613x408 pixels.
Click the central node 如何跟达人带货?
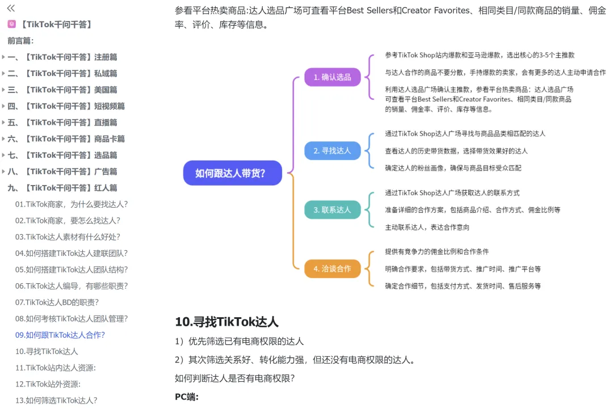coord(232,173)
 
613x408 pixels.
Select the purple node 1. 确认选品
coord(332,77)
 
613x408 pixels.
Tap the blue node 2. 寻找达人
coord(332,150)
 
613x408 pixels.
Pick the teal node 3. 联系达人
coord(332,210)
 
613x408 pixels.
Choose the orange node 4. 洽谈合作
coord(332,268)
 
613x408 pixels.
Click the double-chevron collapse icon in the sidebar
coord(11,8)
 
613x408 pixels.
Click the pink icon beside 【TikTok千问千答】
coord(12,24)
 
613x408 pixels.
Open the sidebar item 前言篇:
coord(21,41)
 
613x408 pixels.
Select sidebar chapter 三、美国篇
coord(62,90)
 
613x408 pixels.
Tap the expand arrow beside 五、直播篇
coord(3,123)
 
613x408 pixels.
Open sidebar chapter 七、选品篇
coord(62,155)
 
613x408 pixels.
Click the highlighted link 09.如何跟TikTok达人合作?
coord(60,335)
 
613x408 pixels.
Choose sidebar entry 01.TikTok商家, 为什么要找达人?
coord(72,204)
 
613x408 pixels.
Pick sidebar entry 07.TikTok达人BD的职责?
coord(57,302)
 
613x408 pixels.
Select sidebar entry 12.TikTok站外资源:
coord(48,384)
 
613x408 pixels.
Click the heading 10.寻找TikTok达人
coord(226,322)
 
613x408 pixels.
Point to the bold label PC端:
coord(187,397)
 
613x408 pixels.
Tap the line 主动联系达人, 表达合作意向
coord(427,227)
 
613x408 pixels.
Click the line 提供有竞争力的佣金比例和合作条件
coord(436,251)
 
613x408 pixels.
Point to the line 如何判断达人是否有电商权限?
coord(234,378)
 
